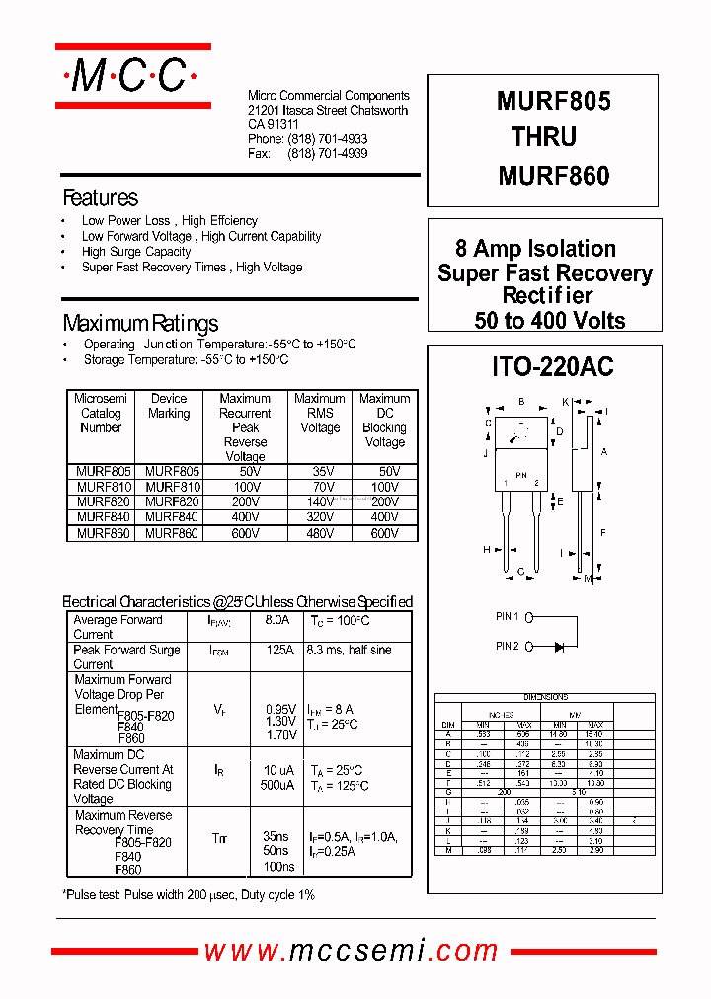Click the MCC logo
point(132,76)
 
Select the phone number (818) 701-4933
point(327,140)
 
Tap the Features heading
point(100,197)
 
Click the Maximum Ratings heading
point(140,323)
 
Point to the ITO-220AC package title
point(552,367)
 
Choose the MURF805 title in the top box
point(553,101)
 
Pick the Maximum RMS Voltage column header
point(319,413)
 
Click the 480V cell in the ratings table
point(319,533)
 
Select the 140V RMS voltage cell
point(319,502)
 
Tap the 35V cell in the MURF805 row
point(319,472)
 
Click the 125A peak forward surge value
point(278,651)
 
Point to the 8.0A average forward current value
point(277,620)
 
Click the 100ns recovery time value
point(279,866)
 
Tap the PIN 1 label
point(508,617)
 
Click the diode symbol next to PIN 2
point(559,647)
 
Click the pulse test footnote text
point(189,894)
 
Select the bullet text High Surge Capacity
point(136,252)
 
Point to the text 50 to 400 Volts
point(549,320)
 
